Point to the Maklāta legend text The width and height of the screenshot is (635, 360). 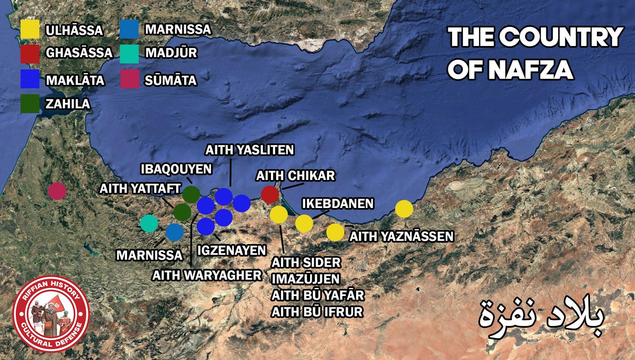75,80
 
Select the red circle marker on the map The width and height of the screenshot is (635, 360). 270,194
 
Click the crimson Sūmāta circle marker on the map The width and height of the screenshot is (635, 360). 57,191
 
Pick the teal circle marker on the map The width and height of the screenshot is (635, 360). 149,223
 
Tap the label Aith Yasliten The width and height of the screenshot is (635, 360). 249,150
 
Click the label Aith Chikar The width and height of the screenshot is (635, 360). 295,175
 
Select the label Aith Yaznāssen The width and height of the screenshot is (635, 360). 402,237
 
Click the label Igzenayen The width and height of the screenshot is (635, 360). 232,249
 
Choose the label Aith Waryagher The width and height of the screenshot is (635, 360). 207,275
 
